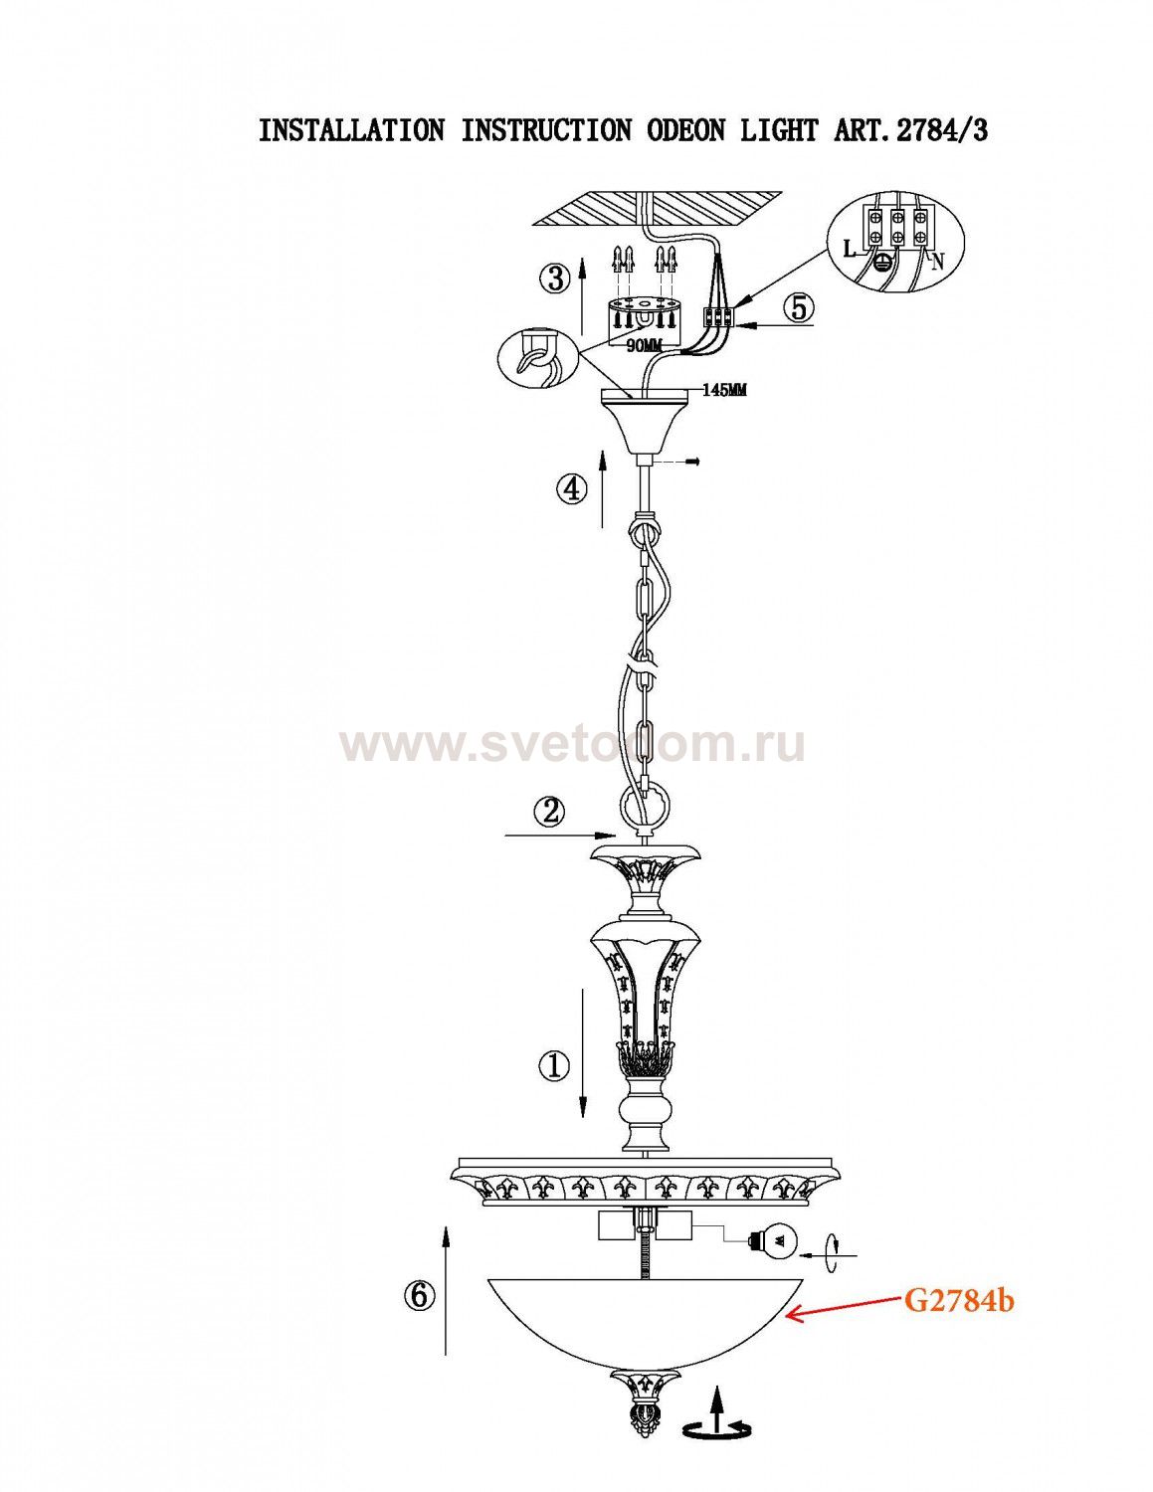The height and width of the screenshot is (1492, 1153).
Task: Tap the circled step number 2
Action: coord(549,813)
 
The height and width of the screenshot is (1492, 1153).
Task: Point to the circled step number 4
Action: coord(571,490)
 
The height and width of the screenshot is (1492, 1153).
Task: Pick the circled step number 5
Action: coord(799,307)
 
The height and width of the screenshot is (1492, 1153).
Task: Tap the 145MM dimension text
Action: coord(724,391)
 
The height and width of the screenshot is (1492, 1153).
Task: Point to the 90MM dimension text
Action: coord(642,347)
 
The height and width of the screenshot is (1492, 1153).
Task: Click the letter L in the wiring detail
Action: coord(851,250)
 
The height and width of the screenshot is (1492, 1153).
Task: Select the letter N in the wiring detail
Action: coord(939,262)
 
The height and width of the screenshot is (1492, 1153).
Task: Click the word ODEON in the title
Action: coord(685,129)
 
